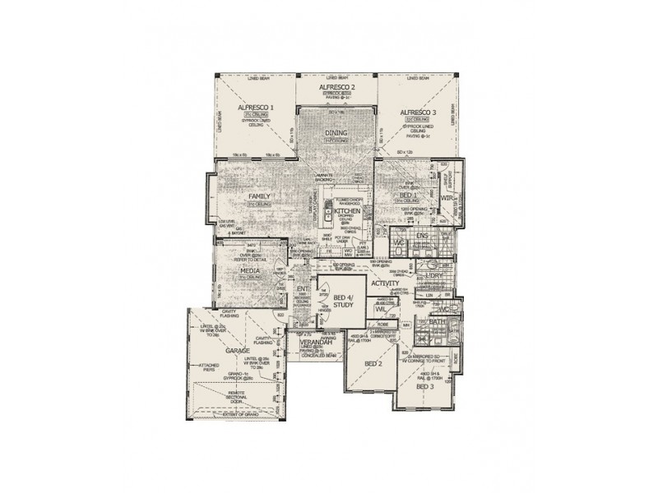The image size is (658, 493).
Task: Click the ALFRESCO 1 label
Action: (x=256, y=108)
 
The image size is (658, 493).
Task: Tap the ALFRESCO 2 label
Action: (x=336, y=87)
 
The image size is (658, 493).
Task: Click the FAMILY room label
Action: (x=260, y=196)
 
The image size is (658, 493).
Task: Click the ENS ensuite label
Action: (x=423, y=237)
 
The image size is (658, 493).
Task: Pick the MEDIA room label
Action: (x=250, y=270)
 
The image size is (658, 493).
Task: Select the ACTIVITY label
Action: (x=385, y=283)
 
